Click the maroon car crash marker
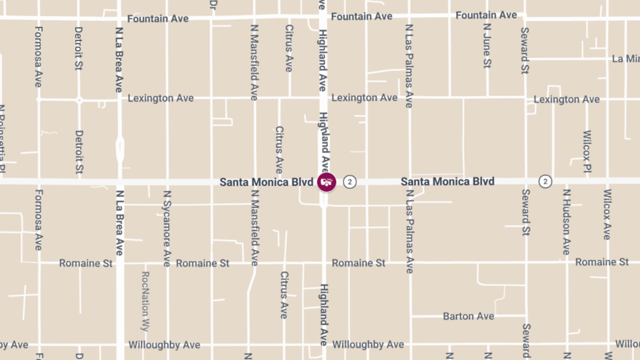[326, 182]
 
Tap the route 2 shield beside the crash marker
[349, 182]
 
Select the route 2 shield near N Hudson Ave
[545, 182]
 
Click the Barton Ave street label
[468, 316]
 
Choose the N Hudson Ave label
[566, 221]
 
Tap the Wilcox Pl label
[587, 151]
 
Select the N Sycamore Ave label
[167, 228]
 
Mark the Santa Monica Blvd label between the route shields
[447, 182]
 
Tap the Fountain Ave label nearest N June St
[486, 15]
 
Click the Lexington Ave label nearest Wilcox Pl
[566, 99]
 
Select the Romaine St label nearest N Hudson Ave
[602, 262]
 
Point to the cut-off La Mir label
[626, 59]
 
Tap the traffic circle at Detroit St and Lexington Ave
[79, 100]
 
